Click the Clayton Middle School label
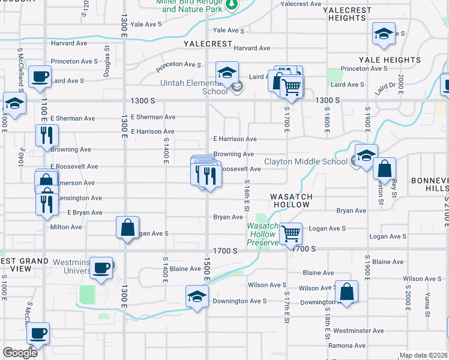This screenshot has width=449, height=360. [x=306, y=161]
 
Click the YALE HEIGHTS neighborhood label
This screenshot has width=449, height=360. [x=390, y=60]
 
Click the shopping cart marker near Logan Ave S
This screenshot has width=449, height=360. [x=291, y=233]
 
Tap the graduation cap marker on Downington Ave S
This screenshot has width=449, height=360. [x=197, y=296]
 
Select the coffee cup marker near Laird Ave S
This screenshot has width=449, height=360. [x=40, y=77]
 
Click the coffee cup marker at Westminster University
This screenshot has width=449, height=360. [x=101, y=267]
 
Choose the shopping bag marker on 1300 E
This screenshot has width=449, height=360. [x=127, y=227]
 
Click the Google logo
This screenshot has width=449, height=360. [x=20, y=353]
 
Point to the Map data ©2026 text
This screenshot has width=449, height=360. [x=423, y=356]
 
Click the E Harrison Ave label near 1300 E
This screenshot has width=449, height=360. [x=152, y=131]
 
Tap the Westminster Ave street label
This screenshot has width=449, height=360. [x=358, y=331]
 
